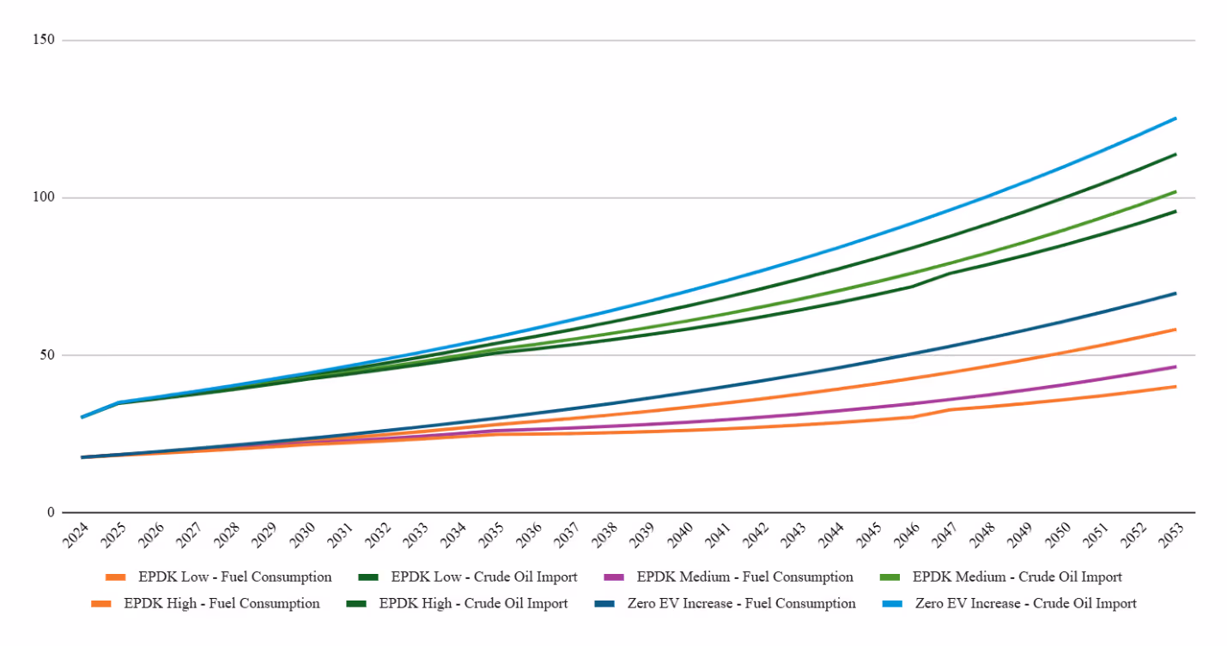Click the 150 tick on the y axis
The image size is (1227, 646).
(44, 40)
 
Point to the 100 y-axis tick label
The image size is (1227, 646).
(44, 197)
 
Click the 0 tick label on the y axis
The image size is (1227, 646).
(51, 512)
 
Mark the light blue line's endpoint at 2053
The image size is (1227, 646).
(1175, 118)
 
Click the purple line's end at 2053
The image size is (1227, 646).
(1175, 366)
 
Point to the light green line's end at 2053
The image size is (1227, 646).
(1175, 191)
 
